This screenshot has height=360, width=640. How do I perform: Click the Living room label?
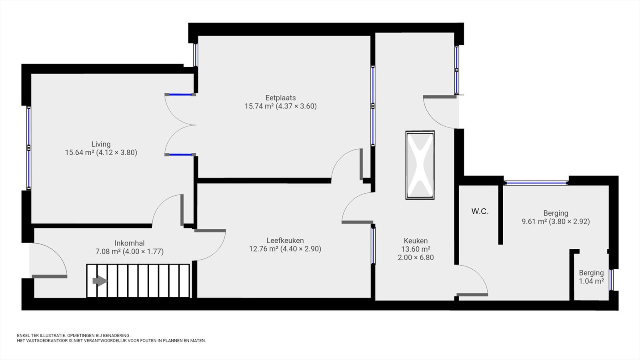coord(101,144)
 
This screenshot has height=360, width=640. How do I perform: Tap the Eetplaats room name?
coord(280,98)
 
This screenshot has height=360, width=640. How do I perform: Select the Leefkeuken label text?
coord(285,240)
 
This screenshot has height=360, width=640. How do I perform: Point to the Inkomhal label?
coord(130,243)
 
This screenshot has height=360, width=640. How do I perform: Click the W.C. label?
coord(480,212)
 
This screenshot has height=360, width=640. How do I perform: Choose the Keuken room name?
coord(416,241)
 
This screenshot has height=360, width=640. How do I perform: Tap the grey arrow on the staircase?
coord(100,281)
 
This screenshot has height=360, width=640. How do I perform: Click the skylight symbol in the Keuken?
coord(420,165)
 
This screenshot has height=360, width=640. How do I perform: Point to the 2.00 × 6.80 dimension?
coord(416,258)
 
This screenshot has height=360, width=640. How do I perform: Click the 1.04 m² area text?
coord(592,281)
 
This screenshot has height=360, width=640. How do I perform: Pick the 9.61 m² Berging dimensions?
coord(569,222)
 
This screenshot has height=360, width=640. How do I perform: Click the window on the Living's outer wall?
coord(29,148)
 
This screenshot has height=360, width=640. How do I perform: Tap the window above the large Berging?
coord(536,183)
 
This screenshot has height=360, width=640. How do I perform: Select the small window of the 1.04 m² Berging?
coord(611,280)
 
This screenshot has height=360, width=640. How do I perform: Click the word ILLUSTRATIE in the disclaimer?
coord(52,336)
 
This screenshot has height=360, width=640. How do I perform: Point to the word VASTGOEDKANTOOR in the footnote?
coord(44,340)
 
